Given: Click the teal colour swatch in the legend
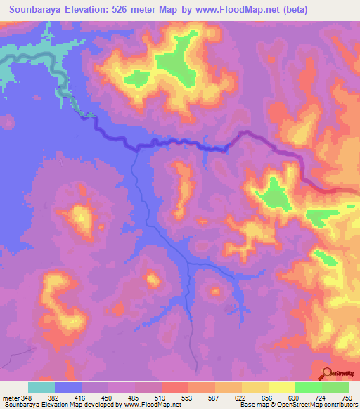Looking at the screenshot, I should [41, 387].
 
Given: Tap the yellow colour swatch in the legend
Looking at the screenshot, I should [281, 387].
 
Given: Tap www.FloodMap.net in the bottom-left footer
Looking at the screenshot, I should [148, 404].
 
